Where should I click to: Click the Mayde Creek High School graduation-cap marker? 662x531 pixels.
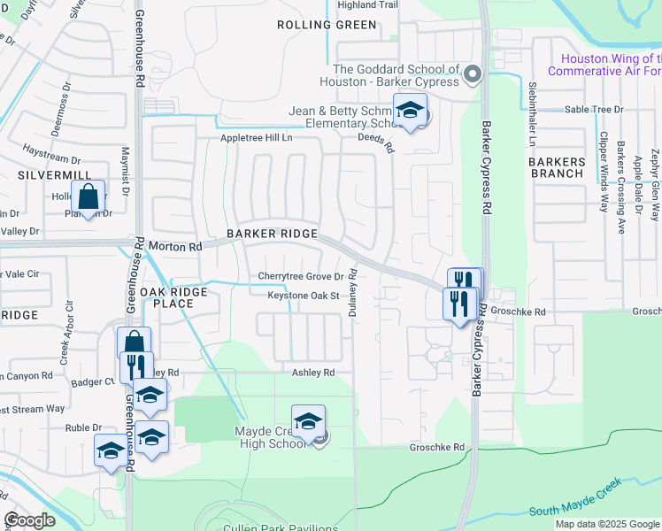click(x=308, y=421)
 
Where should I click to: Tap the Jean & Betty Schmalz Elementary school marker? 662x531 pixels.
click(x=410, y=111)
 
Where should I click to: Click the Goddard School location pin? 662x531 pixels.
click(x=472, y=75)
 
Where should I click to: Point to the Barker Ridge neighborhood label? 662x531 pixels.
click(x=272, y=233)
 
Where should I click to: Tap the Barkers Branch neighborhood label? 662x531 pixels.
click(x=557, y=167)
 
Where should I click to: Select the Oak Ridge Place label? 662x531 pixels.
click(x=173, y=297)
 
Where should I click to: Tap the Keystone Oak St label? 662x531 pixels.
click(x=304, y=296)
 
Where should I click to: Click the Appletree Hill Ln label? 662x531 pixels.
click(x=256, y=139)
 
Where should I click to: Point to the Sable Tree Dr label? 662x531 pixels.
click(x=594, y=110)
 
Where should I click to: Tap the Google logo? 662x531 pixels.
click(x=29, y=520)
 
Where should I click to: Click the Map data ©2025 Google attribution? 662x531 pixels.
click(x=607, y=524)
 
